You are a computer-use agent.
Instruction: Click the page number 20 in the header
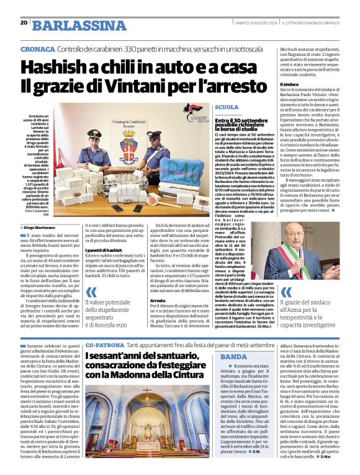click(x=24, y=22)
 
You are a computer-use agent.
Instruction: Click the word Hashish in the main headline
click(x=67, y=67)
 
